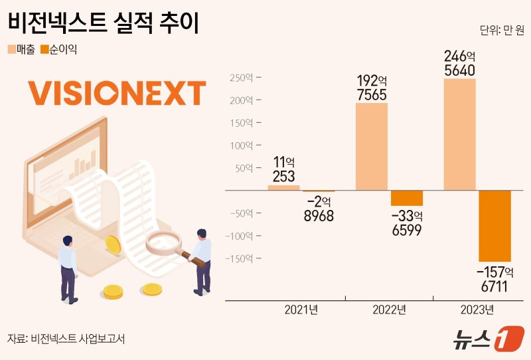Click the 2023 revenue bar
(459, 134)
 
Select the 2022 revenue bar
(372, 146)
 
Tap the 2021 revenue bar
(284, 187)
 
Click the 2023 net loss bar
(495, 226)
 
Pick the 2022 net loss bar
(407, 198)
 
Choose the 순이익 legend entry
(58, 49)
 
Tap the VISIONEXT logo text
(117, 93)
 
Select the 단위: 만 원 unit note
(501, 31)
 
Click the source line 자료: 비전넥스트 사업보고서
(66, 338)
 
